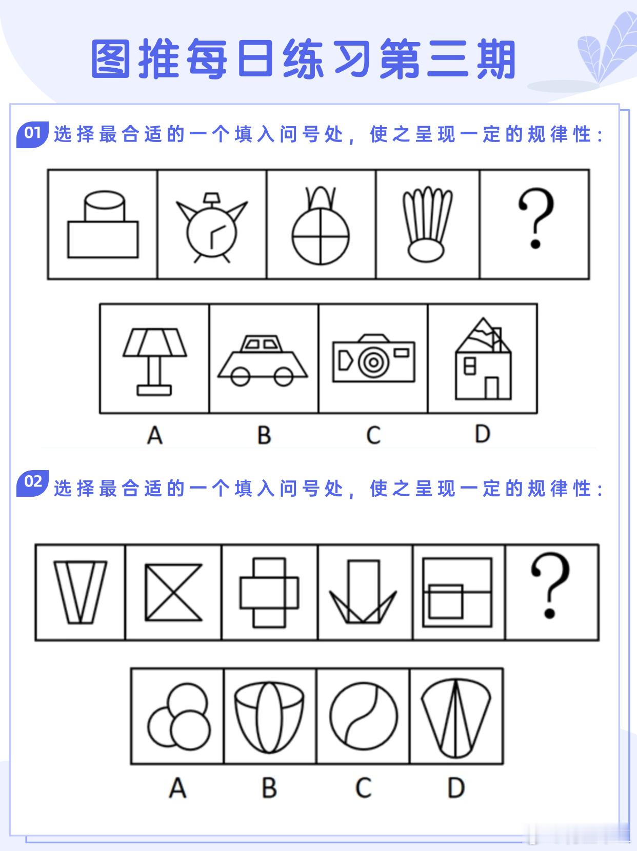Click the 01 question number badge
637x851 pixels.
tap(32, 134)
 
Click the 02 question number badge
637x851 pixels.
tap(32, 483)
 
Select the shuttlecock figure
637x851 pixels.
tap(427, 224)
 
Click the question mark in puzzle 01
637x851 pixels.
tap(536, 218)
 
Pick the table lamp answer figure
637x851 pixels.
tap(155, 362)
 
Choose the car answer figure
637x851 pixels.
tap(263, 361)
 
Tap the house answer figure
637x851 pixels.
tap(483, 359)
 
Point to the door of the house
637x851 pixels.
tap(492, 388)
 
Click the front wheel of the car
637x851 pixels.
tap(284, 376)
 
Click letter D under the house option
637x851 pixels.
tap(483, 434)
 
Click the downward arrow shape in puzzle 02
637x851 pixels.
tap(363, 592)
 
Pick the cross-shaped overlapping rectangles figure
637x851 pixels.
tap(269, 593)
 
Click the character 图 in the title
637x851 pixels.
tap(110, 59)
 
